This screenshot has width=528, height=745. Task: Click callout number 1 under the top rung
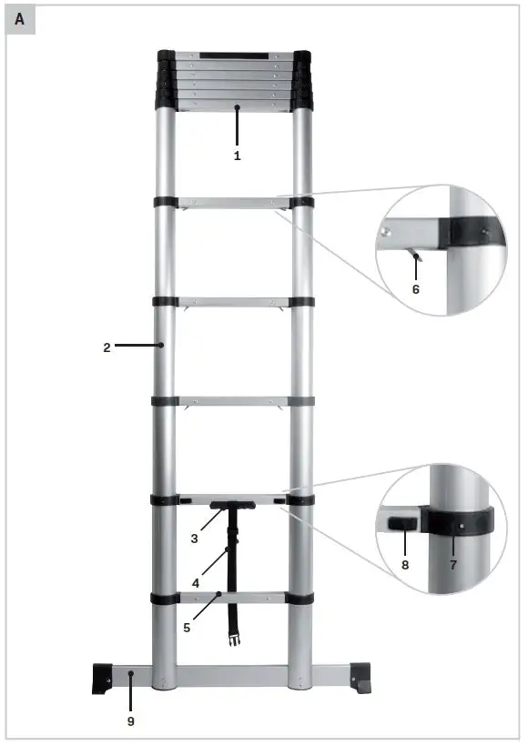[x=237, y=156]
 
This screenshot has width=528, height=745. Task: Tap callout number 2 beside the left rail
[x=107, y=347]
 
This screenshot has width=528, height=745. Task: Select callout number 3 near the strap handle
[x=194, y=539]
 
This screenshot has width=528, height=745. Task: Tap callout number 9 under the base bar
[x=130, y=721]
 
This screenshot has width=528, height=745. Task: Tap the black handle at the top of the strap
[x=233, y=506]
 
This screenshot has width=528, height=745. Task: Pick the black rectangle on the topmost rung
[x=234, y=56]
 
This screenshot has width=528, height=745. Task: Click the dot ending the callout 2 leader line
[x=161, y=346]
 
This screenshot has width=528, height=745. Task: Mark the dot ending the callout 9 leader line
[x=130, y=674]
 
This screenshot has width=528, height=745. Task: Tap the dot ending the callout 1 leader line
[x=237, y=108]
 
